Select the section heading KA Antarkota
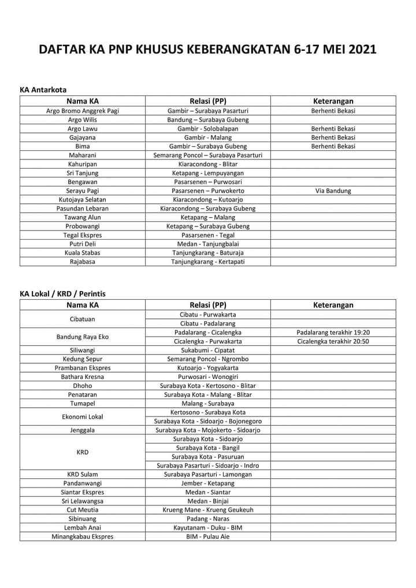click(43, 90)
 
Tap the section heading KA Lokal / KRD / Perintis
click(62, 293)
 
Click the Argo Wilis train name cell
click(82, 120)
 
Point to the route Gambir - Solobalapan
click(207, 128)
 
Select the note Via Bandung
click(333, 191)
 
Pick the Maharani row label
click(82, 155)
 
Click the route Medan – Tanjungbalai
click(207, 244)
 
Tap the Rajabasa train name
click(82, 262)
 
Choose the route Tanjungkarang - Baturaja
click(207, 253)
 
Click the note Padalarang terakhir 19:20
click(333, 332)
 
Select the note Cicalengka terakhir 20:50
click(333, 341)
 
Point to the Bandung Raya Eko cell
click(82, 337)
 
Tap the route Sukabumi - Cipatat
click(207, 350)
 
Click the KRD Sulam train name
click(82, 474)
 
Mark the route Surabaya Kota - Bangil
click(207, 448)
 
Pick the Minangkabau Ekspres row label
click(82, 536)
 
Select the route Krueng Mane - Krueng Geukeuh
click(207, 509)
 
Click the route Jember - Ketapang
click(207, 483)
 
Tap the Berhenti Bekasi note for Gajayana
click(333, 137)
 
